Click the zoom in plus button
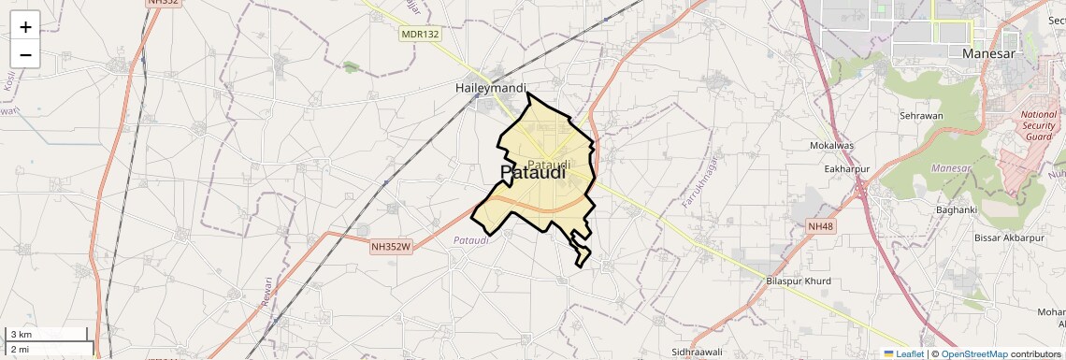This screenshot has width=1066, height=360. [25, 27]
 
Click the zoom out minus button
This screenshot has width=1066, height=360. [25, 55]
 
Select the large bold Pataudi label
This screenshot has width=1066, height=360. [533, 173]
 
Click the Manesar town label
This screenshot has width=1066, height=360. [989, 54]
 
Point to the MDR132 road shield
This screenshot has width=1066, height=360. [420, 34]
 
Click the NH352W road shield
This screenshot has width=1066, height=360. [391, 247]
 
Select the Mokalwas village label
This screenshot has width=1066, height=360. [832, 147]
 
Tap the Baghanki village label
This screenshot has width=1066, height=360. [958, 209]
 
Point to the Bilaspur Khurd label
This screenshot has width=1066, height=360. [798, 281]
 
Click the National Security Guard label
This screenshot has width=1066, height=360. [1038, 124]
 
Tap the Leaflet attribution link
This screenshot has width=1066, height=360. [903, 353]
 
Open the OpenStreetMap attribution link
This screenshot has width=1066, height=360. [973, 353]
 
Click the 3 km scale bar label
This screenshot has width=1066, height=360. [21, 335]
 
